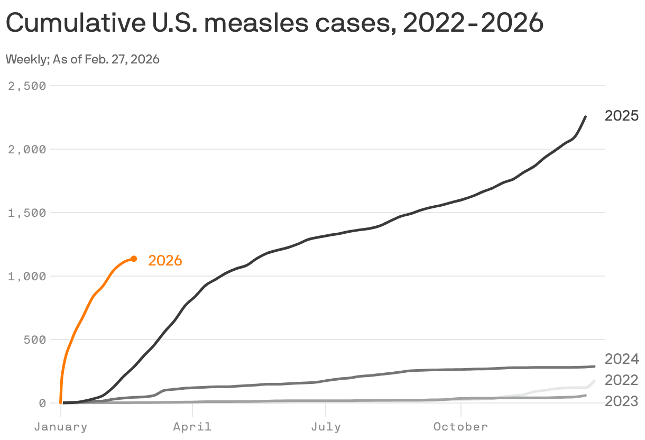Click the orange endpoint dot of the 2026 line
pos(134,259)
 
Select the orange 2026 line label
pos(165,261)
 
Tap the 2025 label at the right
pos(622,116)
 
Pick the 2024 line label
pos(622,360)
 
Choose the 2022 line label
pos(622,380)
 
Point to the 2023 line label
pos(622,401)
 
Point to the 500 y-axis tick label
pos(36,340)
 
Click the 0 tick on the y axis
pos(43,403)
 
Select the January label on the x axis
pos(60,427)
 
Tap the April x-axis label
pos(192,427)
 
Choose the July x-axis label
pos(326,427)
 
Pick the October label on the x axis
pos(461,427)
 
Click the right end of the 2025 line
pos(585,117)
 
